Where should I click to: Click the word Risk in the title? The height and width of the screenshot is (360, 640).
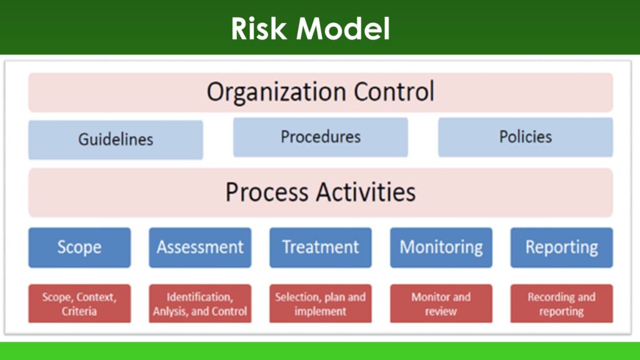[259, 29]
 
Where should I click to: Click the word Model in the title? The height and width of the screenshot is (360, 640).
[343, 29]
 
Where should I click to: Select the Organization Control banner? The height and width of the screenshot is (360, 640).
[321, 92]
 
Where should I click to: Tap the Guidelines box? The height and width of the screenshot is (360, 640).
[116, 139]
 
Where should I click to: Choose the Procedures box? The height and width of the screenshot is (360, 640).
[321, 137]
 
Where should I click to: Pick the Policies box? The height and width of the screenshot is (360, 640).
[525, 137]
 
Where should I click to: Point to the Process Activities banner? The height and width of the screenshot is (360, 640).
[321, 192]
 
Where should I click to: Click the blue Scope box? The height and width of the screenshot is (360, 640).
[79, 247]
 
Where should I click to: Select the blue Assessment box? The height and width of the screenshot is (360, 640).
[200, 247]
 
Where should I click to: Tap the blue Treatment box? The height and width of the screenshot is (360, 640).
[321, 247]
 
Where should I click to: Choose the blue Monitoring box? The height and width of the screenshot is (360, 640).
[441, 247]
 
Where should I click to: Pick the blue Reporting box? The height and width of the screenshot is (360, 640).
[562, 247]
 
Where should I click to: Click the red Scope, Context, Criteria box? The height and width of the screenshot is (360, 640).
[79, 304]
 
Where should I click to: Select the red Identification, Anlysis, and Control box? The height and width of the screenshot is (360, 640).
[200, 304]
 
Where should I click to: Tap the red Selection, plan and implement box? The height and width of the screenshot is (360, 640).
[321, 304]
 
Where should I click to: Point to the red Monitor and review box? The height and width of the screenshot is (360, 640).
[441, 304]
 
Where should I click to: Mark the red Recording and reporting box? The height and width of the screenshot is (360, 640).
[562, 304]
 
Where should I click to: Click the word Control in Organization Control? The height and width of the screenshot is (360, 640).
[394, 91]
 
